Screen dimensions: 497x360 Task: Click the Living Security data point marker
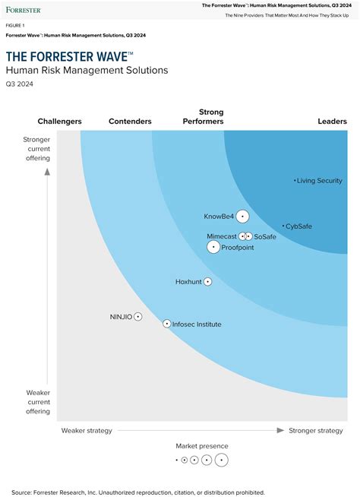295,181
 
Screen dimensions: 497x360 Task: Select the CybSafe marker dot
283,226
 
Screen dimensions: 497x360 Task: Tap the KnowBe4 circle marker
242,217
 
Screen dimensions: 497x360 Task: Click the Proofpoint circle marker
214,247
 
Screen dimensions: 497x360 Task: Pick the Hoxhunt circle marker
207,282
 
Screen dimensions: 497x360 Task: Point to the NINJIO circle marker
138,316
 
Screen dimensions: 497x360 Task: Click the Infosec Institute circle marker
167,324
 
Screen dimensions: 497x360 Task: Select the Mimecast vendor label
222,236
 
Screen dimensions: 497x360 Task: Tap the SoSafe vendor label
265,237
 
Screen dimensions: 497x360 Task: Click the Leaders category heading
332,122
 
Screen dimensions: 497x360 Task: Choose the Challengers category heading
60,122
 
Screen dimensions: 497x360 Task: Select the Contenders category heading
130,122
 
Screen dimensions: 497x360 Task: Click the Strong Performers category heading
204,116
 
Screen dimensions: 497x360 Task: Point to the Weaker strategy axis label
87,431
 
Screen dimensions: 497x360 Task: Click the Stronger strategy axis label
315,431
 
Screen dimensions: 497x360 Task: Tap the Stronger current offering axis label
36,149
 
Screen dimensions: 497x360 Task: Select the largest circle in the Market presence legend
221,460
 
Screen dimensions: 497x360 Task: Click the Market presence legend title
202,446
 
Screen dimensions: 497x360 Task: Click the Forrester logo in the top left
24,10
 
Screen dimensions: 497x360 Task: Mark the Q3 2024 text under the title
20,84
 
